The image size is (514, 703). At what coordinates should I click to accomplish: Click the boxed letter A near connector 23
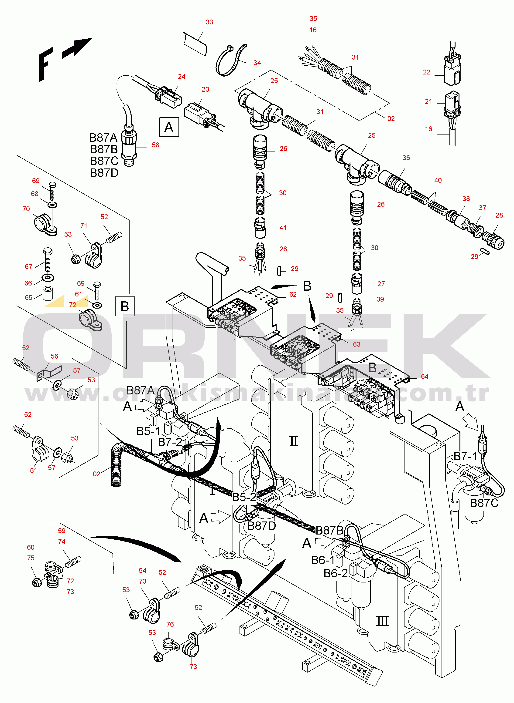coord(169,127)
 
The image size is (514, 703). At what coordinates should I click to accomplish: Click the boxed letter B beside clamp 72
coord(125,306)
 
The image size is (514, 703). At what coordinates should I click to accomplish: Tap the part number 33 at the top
coord(209,22)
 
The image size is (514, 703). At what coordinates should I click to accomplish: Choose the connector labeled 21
coord(452,104)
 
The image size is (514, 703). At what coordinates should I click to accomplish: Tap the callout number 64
coord(425,377)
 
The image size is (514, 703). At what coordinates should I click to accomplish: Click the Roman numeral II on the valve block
coord(293,441)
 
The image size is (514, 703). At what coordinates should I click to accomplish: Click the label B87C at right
coord(484,503)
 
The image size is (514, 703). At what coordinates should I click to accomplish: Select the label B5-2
coord(244,497)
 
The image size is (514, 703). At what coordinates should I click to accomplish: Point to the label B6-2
coord(336,573)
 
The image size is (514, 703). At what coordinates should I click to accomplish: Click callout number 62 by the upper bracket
coord(293,294)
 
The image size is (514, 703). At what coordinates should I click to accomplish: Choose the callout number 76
coord(170,624)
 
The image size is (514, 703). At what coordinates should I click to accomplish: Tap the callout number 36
coord(406,158)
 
